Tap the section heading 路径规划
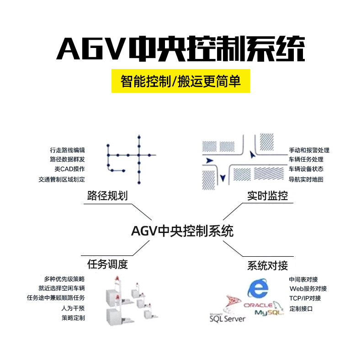107,196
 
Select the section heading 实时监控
267,196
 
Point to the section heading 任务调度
107,264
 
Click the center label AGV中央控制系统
182,231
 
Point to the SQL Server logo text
227,318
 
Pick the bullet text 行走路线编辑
67,150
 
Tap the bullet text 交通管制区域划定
62,179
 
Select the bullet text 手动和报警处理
309,150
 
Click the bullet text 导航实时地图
306,180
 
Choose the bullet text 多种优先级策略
64,279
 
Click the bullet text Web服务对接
308,289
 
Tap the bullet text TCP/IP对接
305,298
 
